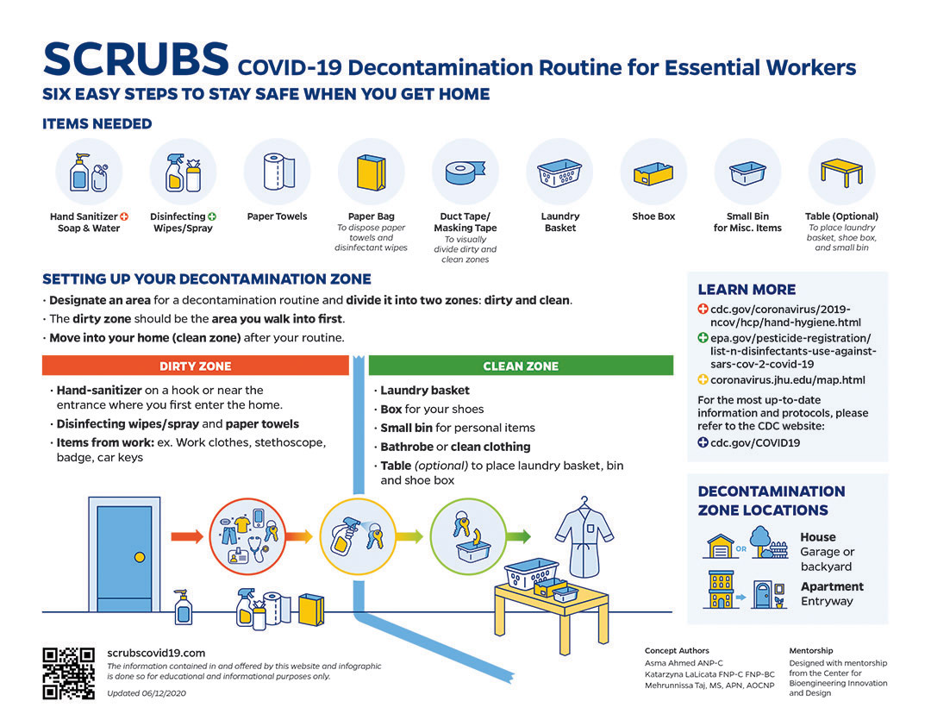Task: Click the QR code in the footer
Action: [x=68, y=673]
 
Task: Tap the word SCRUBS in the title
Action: [x=135, y=59]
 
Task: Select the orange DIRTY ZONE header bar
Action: [x=196, y=366]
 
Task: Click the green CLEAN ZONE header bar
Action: [x=521, y=366]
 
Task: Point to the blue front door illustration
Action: [x=124, y=553]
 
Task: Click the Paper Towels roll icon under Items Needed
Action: [x=277, y=171]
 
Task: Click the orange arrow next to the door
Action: [x=187, y=536]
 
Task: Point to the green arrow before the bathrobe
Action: [x=517, y=536]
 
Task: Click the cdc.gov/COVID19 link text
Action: [x=755, y=442]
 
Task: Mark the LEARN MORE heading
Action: [x=747, y=290]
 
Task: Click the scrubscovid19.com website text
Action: [x=156, y=654]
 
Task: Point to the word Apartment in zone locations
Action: [x=832, y=586]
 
